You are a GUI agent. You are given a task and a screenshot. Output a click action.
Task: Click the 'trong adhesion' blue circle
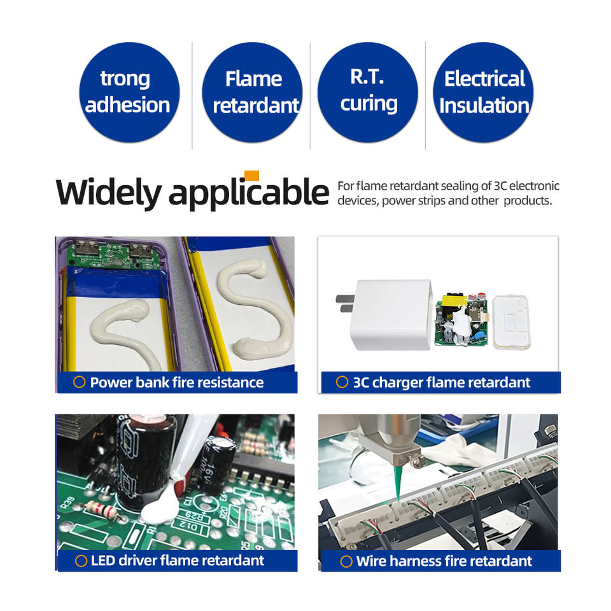pyautogui.click(x=129, y=92)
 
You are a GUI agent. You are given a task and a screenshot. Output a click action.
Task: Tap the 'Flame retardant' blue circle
pyautogui.click(x=252, y=92)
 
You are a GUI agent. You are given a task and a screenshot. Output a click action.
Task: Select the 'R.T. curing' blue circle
pyautogui.click(x=367, y=92)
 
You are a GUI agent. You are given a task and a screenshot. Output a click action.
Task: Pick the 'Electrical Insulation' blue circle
pyautogui.click(x=483, y=92)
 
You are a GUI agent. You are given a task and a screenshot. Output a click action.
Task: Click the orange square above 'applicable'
pyautogui.click(x=252, y=176)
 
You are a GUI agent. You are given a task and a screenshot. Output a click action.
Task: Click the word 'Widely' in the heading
pyautogui.click(x=108, y=193)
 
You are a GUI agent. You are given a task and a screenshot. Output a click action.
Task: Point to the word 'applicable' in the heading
pyautogui.click(x=249, y=193)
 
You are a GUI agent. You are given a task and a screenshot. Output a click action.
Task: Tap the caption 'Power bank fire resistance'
pyautogui.click(x=176, y=383)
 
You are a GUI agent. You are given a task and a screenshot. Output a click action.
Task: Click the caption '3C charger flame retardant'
pyautogui.click(x=442, y=383)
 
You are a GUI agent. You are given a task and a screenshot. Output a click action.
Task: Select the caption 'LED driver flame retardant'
pyautogui.click(x=178, y=560)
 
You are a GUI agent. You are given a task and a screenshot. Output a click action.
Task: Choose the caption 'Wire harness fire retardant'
pyautogui.click(x=444, y=561)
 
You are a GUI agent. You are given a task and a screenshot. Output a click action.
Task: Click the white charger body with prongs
pyautogui.click(x=385, y=314)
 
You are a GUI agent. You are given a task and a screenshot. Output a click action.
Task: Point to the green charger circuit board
pyautogui.click(x=461, y=319)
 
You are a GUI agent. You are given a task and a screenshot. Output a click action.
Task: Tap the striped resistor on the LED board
pyautogui.click(x=101, y=509)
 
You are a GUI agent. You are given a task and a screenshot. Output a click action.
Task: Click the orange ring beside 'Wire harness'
pyautogui.click(x=346, y=561)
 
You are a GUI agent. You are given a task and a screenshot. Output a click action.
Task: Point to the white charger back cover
pyautogui.click(x=511, y=322)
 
